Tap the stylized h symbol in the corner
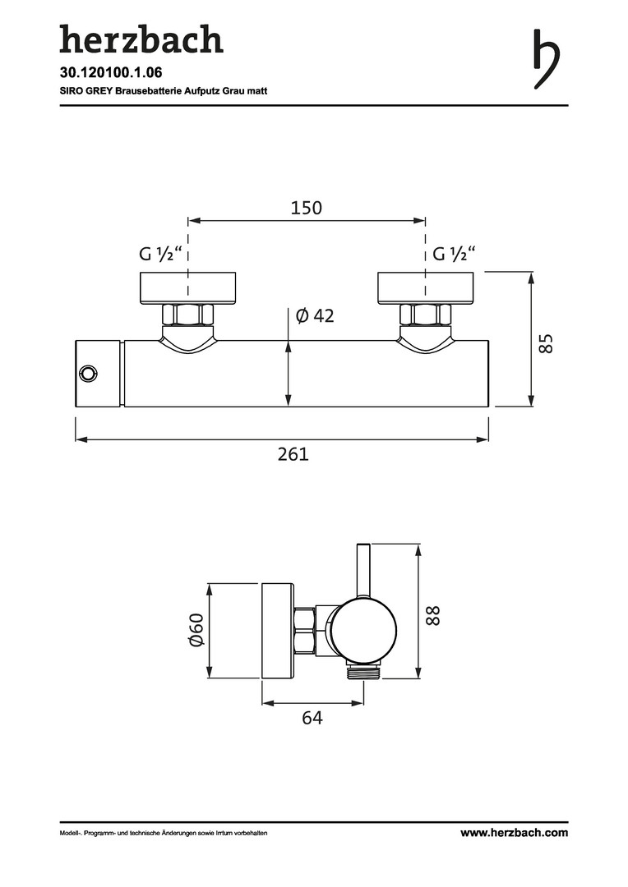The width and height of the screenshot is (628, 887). click(547, 59)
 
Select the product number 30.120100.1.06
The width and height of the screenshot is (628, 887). click(103, 72)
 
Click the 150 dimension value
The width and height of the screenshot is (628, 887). click(307, 208)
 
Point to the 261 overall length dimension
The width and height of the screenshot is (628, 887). click(293, 453)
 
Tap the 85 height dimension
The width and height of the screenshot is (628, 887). click(545, 343)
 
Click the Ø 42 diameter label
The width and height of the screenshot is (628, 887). click(315, 315)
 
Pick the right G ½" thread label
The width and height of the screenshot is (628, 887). click(454, 254)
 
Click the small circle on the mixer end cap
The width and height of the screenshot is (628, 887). click(88, 374)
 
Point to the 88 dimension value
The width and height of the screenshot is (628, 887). click(432, 615)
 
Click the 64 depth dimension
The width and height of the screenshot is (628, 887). click(312, 717)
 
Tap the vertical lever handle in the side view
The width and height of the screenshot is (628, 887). click(363, 572)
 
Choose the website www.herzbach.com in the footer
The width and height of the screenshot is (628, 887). click(515, 832)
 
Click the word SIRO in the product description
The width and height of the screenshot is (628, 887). click(69, 90)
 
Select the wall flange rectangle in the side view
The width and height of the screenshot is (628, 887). click(279, 630)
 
